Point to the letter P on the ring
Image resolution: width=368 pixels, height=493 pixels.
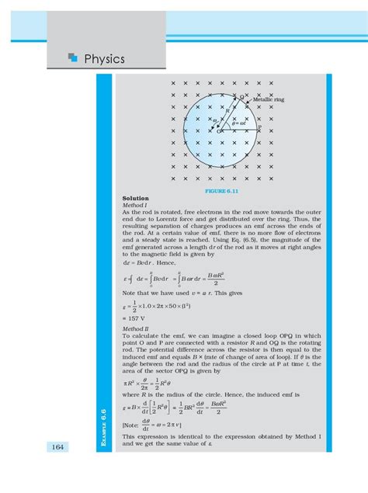click(259, 127)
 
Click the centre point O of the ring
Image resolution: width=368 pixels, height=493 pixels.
click(220, 132)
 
